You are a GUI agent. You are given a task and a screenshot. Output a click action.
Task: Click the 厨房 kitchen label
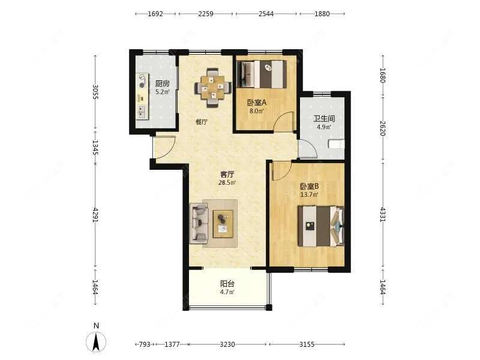162,83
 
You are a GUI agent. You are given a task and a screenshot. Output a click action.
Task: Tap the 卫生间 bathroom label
324,118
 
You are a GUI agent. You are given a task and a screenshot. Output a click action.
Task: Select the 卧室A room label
257,103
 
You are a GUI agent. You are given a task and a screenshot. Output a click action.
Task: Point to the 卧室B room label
309,186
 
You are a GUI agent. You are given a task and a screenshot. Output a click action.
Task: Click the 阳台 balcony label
227,284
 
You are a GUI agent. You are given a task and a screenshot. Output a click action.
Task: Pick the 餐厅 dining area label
202,122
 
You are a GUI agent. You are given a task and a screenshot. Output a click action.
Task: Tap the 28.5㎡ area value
227,183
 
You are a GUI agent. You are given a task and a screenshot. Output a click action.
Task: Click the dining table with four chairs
213,88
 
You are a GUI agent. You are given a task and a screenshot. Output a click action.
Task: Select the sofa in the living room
199,223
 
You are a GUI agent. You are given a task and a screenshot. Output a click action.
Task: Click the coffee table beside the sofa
223,224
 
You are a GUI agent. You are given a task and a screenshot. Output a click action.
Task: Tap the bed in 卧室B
321,226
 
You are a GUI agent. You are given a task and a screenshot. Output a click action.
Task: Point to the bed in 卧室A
262,74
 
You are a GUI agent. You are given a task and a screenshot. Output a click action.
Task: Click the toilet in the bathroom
336,144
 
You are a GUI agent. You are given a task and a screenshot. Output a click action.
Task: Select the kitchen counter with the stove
142,96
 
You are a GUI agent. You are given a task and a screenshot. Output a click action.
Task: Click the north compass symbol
96,341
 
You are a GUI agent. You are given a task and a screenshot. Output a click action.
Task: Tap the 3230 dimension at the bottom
227,344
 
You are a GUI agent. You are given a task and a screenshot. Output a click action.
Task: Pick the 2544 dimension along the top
266,14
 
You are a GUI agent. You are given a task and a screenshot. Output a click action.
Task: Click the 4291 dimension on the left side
95,215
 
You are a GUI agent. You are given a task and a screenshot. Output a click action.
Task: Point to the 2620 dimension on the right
383,128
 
